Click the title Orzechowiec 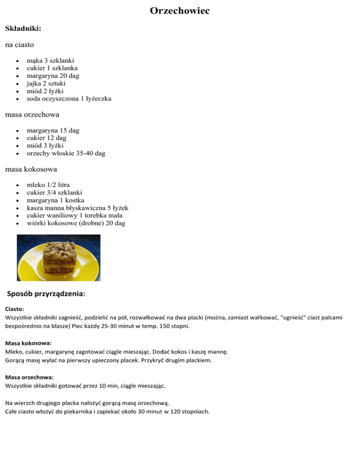[x=180, y=11]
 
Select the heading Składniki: [x=23, y=29]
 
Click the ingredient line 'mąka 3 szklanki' [x=53, y=60]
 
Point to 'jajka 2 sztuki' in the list [x=50, y=83]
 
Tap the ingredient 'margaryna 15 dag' [x=53, y=130]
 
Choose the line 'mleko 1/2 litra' [x=48, y=185]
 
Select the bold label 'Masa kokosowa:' [x=28, y=343]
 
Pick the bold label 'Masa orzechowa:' [x=29, y=377]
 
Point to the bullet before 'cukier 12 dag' [x=17, y=138]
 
